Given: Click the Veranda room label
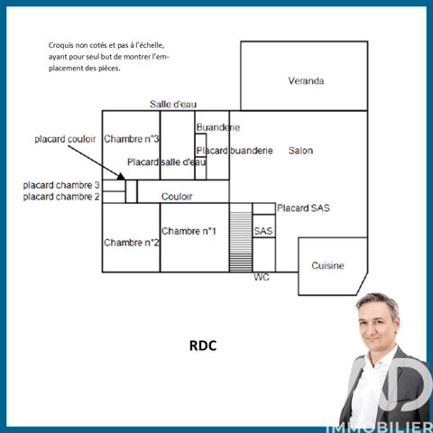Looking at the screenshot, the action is pyautogui.click(x=306, y=81).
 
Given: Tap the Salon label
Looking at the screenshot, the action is pyautogui.click(x=300, y=151).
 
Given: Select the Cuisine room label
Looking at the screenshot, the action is pyautogui.click(x=327, y=265).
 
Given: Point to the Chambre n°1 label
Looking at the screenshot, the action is pyautogui.click(x=189, y=231).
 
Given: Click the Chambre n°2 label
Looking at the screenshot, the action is pyautogui.click(x=131, y=243).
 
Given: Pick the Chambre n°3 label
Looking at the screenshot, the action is pyautogui.click(x=131, y=139).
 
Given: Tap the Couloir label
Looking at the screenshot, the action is pyautogui.click(x=177, y=197).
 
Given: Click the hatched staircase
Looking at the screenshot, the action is pyautogui.click(x=241, y=242).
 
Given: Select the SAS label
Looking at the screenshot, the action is pyautogui.click(x=263, y=231).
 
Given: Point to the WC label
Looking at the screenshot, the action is pyautogui.click(x=262, y=277).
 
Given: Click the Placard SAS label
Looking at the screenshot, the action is pyautogui.click(x=303, y=208).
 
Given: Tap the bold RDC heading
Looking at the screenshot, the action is pyautogui.click(x=203, y=345).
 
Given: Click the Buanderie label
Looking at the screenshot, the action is pyautogui.click(x=218, y=127).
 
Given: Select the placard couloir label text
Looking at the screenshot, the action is pyautogui.click(x=65, y=139).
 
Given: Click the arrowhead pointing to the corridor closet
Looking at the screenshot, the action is pyautogui.click(x=121, y=177).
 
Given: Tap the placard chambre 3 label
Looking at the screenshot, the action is pyautogui.click(x=61, y=185).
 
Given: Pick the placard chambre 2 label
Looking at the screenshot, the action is pyautogui.click(x=61, y=197).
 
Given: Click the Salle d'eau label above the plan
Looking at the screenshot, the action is pyautogui.click(x=173, y=105).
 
